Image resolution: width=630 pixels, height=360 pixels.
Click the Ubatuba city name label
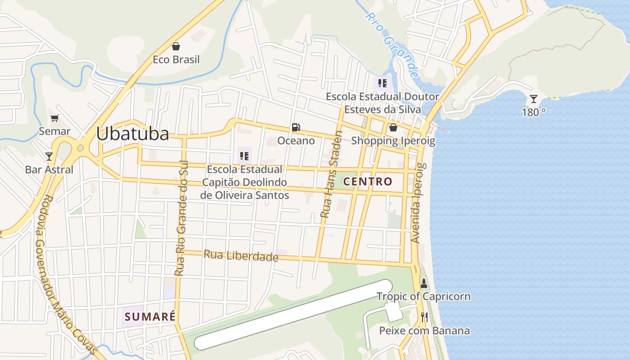click(132, 134)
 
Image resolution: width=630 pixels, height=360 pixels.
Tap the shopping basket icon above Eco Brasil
click(176, 46)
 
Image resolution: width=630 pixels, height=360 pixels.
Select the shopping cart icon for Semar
click(54, 118)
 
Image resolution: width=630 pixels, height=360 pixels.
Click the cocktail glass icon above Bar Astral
click(49, 157)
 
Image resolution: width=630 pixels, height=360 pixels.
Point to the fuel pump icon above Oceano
click(296, 127)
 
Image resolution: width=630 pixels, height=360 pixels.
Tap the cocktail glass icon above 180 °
click(534, 99)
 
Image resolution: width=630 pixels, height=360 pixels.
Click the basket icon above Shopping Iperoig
click(393, 128)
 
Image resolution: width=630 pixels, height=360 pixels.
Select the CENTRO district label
click(368, 182)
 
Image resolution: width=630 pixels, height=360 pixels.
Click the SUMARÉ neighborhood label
click(150, 316)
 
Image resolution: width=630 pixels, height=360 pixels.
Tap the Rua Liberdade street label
click(241, 256)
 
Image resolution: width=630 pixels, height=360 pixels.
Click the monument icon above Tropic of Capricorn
click(423, 284)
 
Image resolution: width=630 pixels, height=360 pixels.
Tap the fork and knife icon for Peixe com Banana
click(424, 318)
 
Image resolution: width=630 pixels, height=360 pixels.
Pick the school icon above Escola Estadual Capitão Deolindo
click(244, 156)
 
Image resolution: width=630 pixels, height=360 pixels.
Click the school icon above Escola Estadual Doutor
click(382, 83)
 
